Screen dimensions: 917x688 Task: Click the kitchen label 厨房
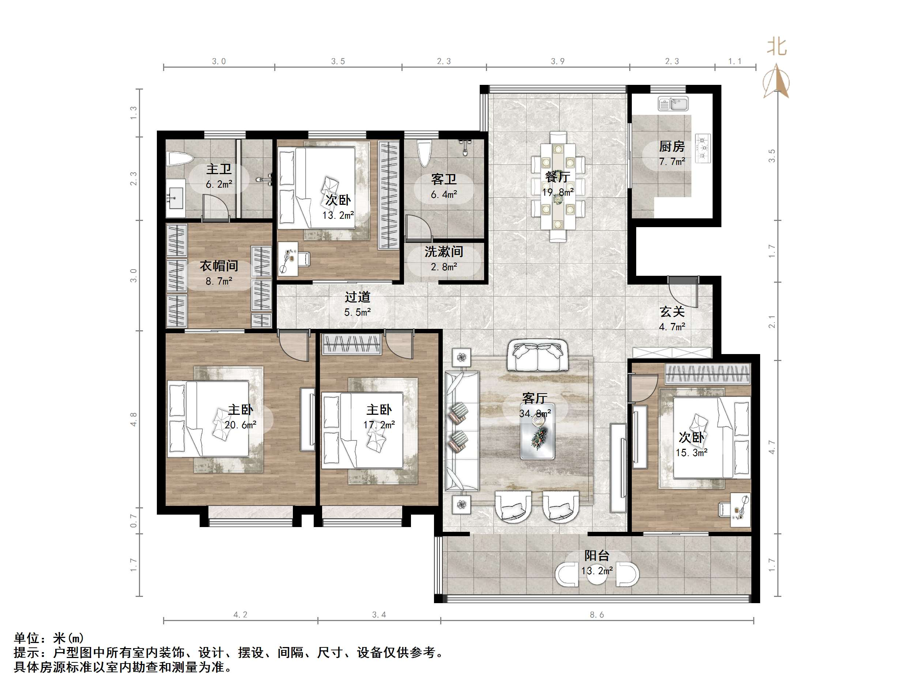[672, 146]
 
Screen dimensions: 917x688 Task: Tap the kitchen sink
[673, 103]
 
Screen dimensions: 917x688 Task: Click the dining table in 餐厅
[558, 186]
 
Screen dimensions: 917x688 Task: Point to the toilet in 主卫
[180, 159]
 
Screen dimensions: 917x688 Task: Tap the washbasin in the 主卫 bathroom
[176, 199]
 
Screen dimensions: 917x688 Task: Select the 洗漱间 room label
[444, 252]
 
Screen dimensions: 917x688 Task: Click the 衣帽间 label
[219, 266]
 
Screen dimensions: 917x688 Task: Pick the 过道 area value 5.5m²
[357, 312]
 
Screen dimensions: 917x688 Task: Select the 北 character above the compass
[777, 46]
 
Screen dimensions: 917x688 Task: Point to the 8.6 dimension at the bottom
[597, 614]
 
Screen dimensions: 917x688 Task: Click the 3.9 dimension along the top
[558, 61]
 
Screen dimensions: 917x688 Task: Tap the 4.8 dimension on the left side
[133, 419]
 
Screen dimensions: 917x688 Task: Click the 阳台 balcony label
[597, 556]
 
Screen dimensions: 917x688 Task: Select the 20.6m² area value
[241, 425]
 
